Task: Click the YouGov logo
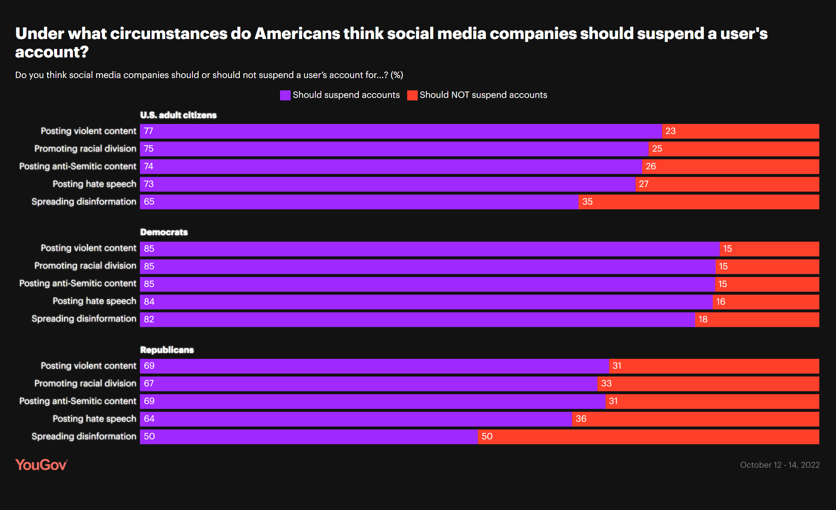click(x=41, y=465)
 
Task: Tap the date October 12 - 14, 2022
click(x=779, y=465)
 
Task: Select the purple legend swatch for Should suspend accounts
click(x=285, y=95)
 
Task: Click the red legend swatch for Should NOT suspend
click(x=412, y=95)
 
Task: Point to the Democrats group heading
click(x=164, y=232)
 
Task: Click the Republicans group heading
click(x=167, y=350)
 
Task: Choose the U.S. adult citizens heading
click(x=178, y=115)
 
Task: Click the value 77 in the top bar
click(x=148, y=131)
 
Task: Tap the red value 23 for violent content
click(x=670, y=131)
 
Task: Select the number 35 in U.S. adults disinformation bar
click(x=587, y=202)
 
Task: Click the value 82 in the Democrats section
click(x=149, y=319)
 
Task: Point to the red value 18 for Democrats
click(x=703, y=319)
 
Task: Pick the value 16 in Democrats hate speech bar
click(x=720, y=302)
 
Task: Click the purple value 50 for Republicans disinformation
click(x=149, y=436)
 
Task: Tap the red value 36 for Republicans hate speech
click(x=581, y=419)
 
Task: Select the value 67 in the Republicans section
click(x=149, y=383)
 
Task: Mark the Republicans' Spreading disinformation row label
click(x=84, y=436)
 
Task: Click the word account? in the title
click(x=52, y=52)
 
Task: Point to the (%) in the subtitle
click(x=397, y=75)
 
